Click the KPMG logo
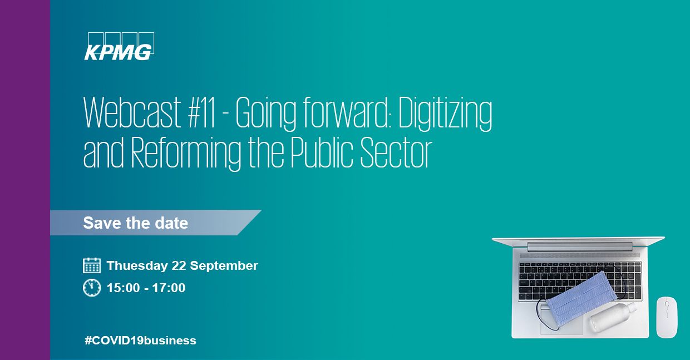[x=119, y=47]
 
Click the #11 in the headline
[x=206, y=114]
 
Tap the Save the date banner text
[x=135, y=223]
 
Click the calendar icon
[x=92, y=265]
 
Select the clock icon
[x=92, y=288]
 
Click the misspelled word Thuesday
[x=132, y=266]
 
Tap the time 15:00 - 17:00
[x=146, y=288]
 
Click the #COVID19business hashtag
[x=140, y=340]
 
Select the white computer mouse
[x=666, y=316]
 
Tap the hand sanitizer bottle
[x=611, y=317]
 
